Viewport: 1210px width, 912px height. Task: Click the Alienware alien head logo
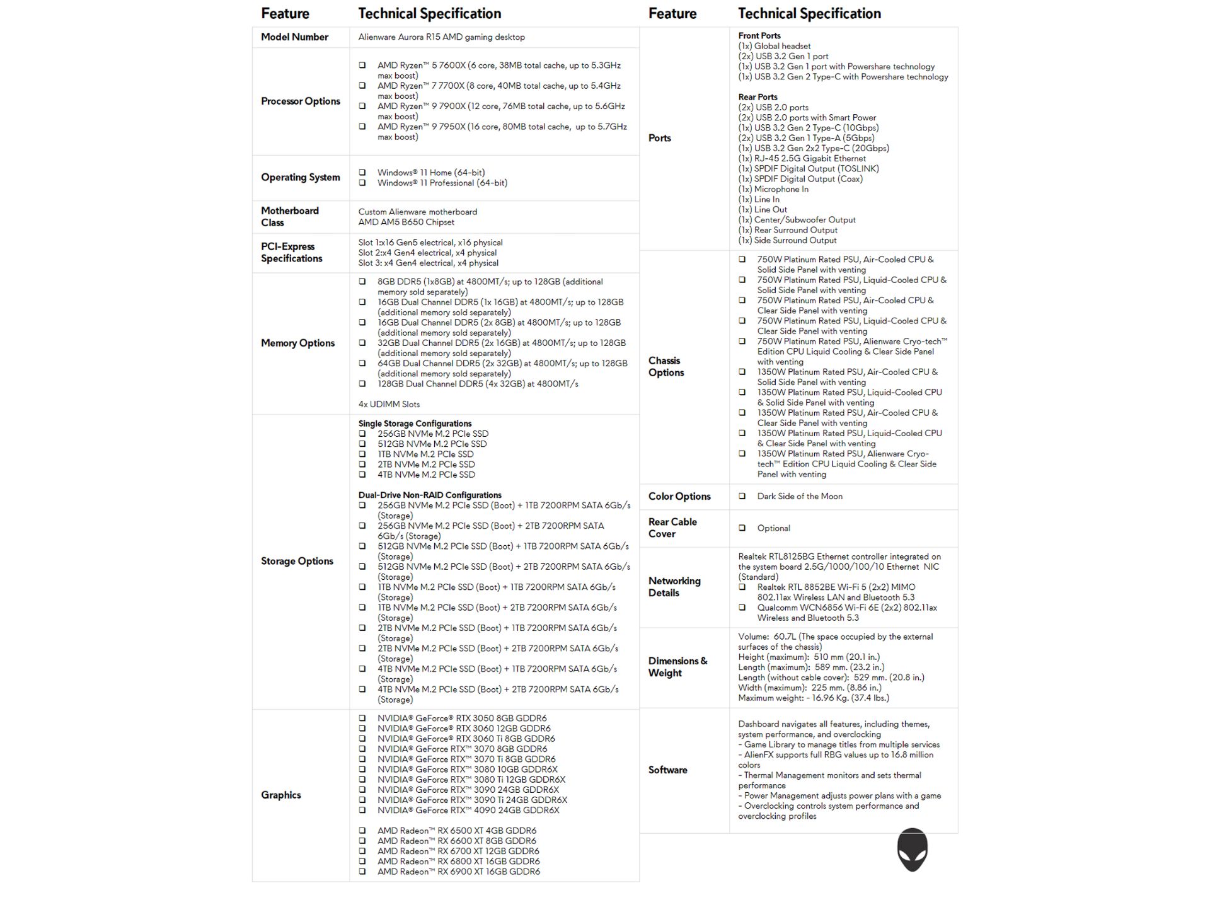click(x=912, y=850)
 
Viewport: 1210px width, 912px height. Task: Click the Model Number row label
click(x=294, y=37)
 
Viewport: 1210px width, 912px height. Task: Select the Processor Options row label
click(x=300, y=101)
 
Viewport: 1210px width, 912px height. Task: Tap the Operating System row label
click(x=300, y=178)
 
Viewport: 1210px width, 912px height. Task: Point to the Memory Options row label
click(x=297, y=343)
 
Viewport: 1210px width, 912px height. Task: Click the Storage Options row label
click(x=297, y=562)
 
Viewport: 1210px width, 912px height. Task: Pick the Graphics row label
click(x=280, y=795)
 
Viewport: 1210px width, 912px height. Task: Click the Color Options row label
click(x=679, y=497)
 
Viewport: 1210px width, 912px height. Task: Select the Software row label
click(x=667, y=770)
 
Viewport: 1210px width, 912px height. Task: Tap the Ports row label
click(x=659, y=138)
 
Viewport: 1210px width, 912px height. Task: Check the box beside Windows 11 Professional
click(x=362, y=183)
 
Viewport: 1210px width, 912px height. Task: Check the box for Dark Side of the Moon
click(x=742, y=497)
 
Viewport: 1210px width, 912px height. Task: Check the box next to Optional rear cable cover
click(x=742, y=528)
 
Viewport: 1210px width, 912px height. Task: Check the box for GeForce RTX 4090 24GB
click(x=362, y=811)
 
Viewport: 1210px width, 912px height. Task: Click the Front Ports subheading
click(x=759, y=36)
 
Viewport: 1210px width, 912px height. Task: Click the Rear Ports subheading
click(x=758, y=97)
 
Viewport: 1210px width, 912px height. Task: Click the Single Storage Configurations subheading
click(x=415, y=424)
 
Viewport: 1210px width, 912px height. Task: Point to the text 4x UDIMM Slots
click(x=389, y=405)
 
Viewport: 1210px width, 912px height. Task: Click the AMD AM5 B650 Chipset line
click(x=406, y=222)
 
